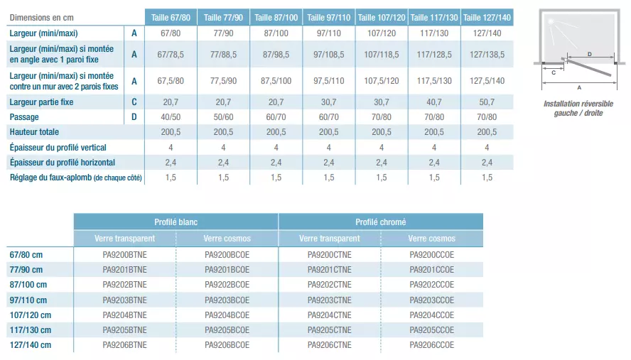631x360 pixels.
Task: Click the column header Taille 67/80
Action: tap(171, 17)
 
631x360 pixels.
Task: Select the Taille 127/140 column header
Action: tap(487, 17)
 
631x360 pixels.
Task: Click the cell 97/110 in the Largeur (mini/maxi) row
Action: tap(328, 33)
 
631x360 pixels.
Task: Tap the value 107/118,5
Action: tap(381, 55)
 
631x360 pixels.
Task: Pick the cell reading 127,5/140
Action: tap(487, 81)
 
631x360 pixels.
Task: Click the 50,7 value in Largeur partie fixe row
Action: tap(487, 102)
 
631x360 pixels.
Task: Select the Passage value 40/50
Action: tap(171, 117)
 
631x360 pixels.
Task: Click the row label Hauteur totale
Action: tap(34, 132)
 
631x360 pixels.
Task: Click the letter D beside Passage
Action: tap(134, 117)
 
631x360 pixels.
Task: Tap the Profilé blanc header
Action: tap(176, 222)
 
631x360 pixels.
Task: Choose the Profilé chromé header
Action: tap(380, 222)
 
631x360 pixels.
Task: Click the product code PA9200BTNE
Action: tap(124, 254)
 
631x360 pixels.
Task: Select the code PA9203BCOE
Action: tap(227, 300)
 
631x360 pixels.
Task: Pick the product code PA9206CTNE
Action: tap(329, 345)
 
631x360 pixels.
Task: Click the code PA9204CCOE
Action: tap(431, 315)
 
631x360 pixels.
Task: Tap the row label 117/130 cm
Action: tap(30, 330)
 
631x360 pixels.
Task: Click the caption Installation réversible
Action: tap(578, 104)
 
